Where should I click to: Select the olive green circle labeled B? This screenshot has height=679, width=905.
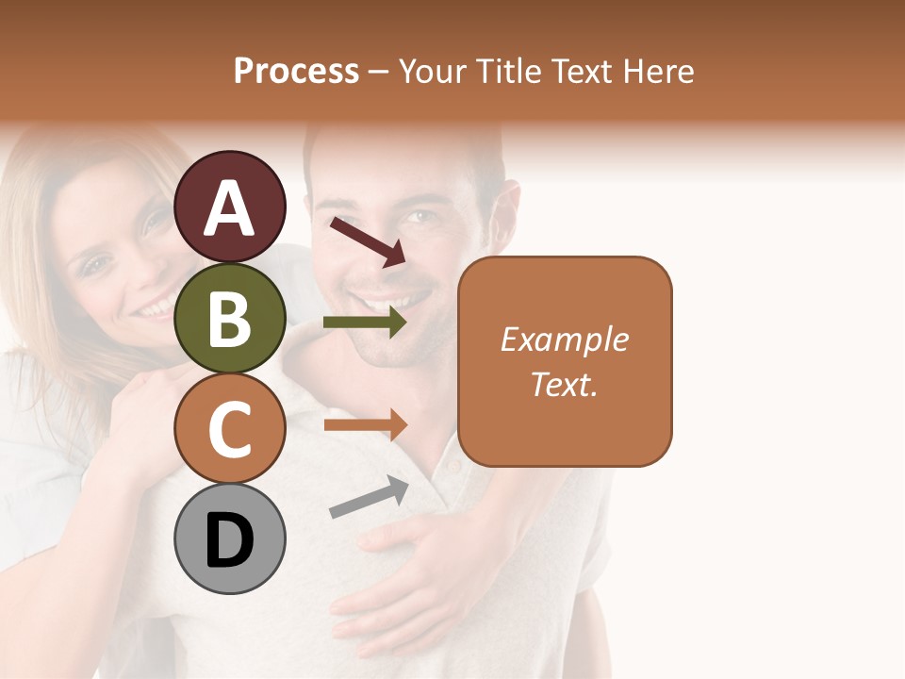(230, 318)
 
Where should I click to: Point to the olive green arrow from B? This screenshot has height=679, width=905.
(365, 323)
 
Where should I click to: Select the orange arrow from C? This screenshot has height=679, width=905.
(365, 424)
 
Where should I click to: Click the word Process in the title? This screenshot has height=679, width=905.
(296, 72)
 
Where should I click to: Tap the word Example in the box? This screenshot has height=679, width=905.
(564, 339)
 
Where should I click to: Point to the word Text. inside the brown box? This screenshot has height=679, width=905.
(564, 384)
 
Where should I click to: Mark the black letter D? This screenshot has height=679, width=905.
(230, 540)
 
